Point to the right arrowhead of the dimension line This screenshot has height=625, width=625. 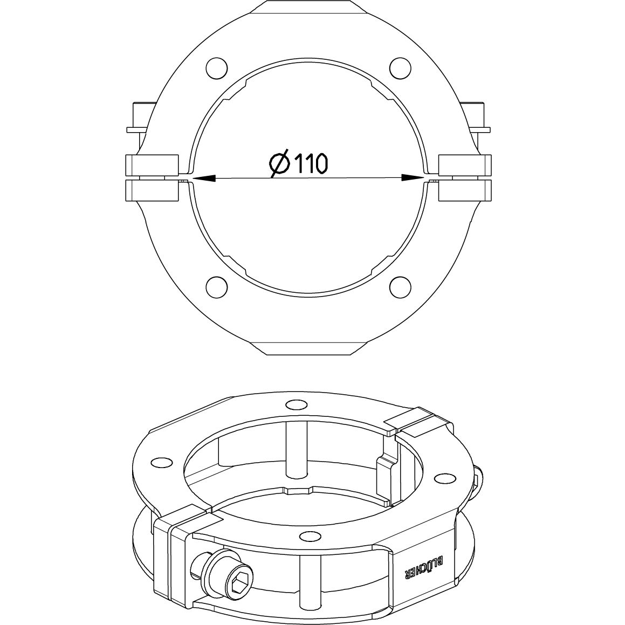tap(413, 177)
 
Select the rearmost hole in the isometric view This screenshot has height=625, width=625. tap(296, 404)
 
